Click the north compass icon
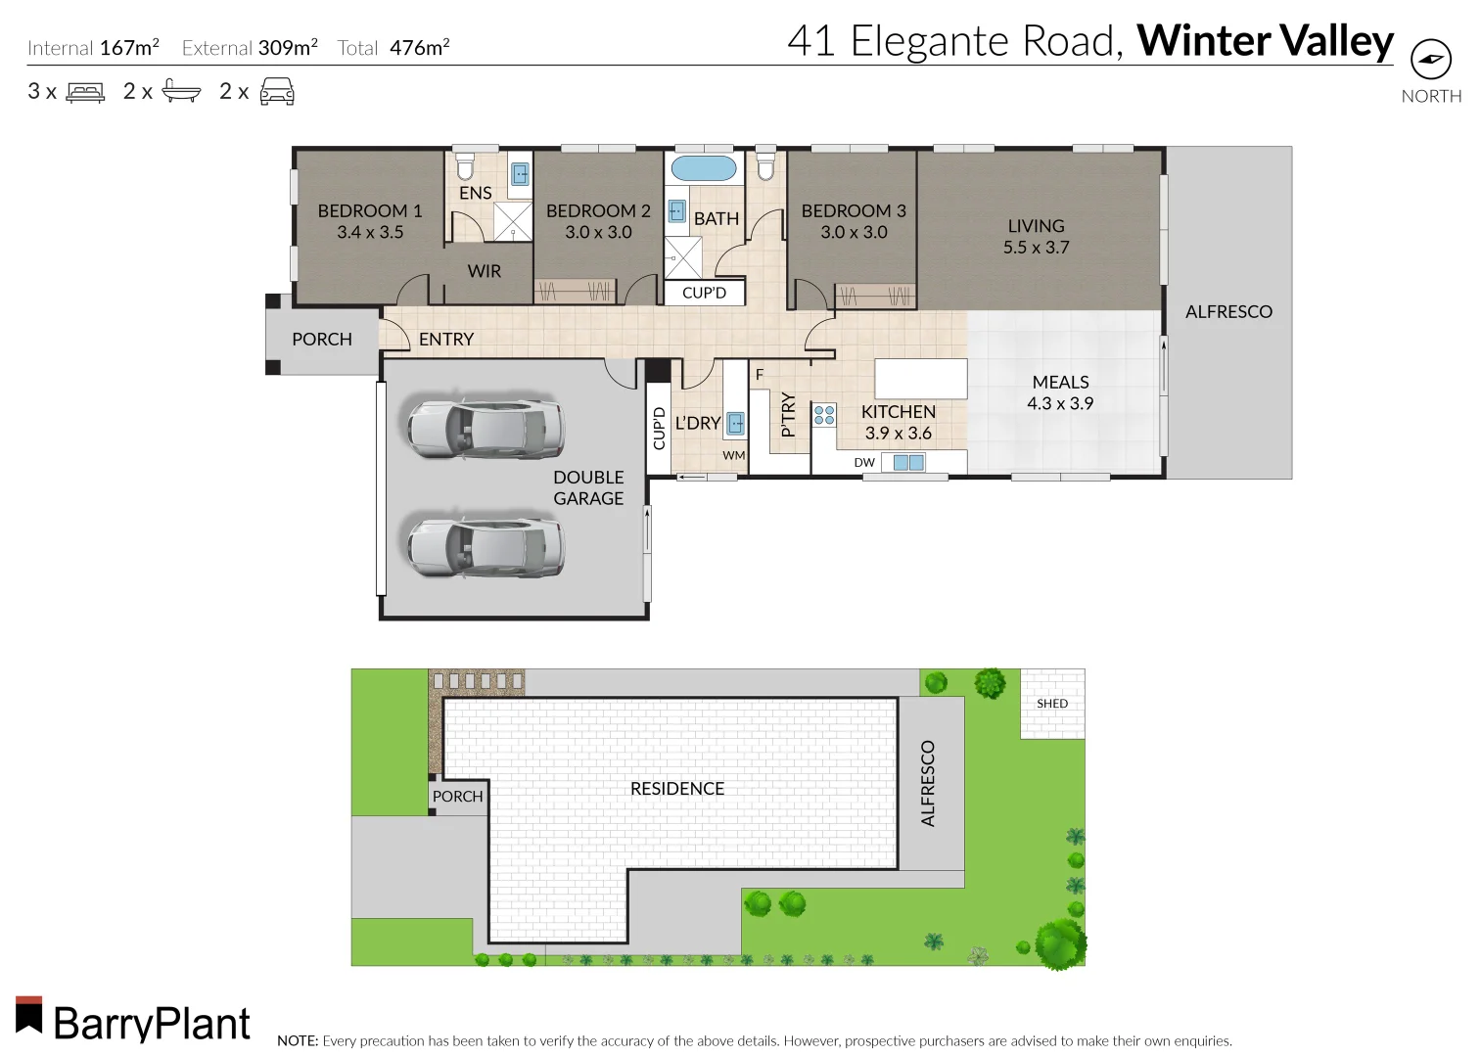pos(1430,60)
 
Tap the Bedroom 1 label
pos(369,210)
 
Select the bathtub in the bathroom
pos(704,168)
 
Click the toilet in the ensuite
pos(465,166)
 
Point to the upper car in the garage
pos(486,428)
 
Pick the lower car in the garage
pos(486,546)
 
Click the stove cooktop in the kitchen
pos(824,415)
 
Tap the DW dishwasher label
pos(864,463)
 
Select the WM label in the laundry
pos(733,455)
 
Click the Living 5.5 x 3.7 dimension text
pos(1036,248)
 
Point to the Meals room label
pos(1060,382)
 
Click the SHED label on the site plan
pos(1052,704)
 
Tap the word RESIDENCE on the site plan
pos(677,788)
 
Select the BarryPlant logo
pos(133,1021)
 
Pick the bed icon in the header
pos(85,92)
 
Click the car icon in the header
pos(277,92)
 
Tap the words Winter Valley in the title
pos(1265,41)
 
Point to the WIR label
pos(484,271)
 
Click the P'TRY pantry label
pos(788,414)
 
